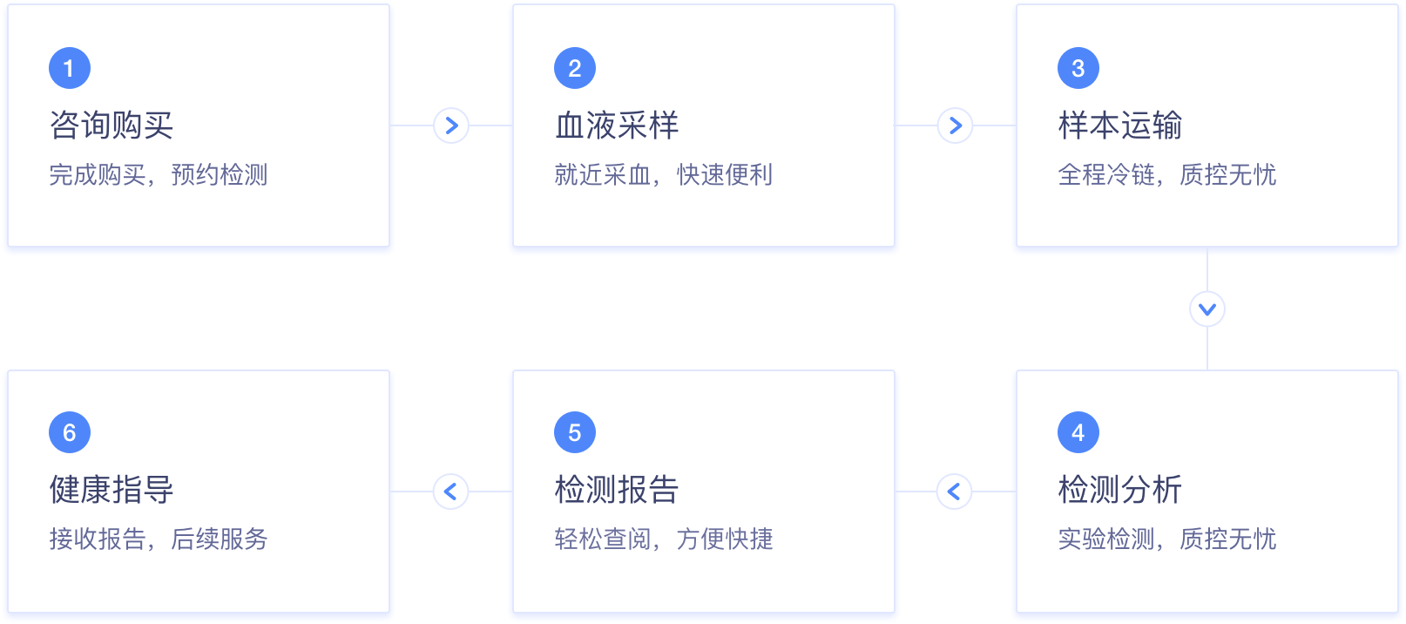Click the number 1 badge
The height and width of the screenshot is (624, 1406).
70,68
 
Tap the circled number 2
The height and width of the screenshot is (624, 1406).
575,68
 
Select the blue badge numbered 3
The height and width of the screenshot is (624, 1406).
1078,68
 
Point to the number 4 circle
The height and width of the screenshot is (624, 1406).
1078,432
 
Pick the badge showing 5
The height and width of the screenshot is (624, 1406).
575,432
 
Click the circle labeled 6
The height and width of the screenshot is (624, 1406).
70,432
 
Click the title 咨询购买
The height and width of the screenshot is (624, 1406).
112,125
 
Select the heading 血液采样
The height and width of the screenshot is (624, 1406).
617,125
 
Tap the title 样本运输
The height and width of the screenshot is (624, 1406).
1120,125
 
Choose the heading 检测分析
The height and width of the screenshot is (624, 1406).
1120,490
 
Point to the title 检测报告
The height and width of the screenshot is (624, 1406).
617,490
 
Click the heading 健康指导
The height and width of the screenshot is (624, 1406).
112,490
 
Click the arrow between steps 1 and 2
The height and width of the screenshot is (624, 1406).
451,125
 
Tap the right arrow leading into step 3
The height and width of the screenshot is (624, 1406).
955,125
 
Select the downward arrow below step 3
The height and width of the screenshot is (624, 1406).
1207,309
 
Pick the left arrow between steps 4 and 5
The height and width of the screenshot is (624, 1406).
955,492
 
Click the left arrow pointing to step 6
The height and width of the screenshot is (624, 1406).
451,492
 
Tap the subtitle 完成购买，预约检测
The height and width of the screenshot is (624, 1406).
159,175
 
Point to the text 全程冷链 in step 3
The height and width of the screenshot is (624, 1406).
1105,175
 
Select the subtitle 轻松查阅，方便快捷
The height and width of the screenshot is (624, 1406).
664,539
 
